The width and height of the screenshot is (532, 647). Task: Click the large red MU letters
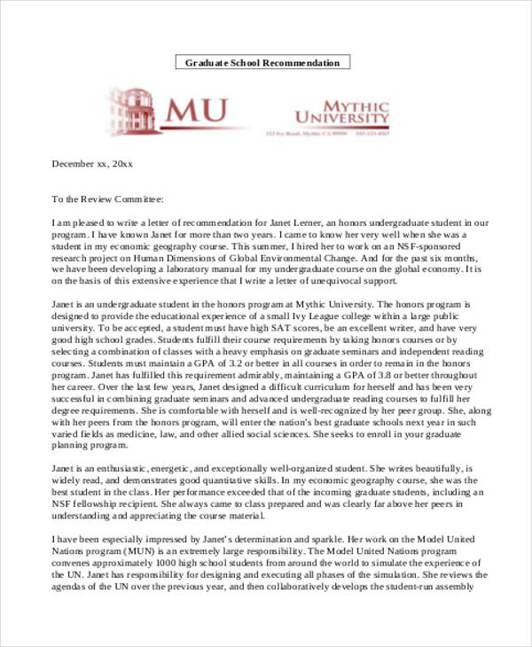[194, 110]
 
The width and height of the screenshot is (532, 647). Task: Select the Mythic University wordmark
[341, 110]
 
